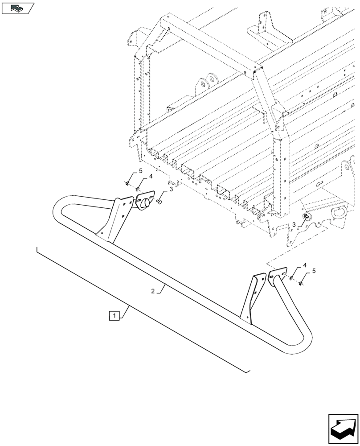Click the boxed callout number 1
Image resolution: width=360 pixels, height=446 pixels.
pyautogui.click(x=115, y=316)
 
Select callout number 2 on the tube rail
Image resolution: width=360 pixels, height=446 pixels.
pyautogui.click(x=153, y=291)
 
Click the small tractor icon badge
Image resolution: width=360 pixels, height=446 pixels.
pyautogui.click(x=17, y=7)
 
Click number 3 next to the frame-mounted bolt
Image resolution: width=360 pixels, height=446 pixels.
pyautogui.click(x=294, y=224)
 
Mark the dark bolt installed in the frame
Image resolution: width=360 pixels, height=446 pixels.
pyautogui.click(x=307, y=216)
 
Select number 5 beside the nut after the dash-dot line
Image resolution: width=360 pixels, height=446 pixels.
pyautogui.click(x=314, y=271)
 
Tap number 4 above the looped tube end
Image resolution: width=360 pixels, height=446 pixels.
pyautogui.click(x=151, y=177)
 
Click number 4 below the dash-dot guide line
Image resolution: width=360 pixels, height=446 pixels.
pyautogui.click(x=305, y=265)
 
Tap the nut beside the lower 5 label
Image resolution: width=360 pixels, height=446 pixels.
pyautogui.click(x=302, y=283)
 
